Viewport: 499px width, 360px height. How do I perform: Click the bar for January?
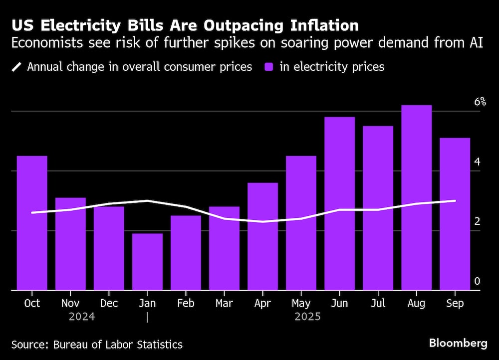pos(147,261)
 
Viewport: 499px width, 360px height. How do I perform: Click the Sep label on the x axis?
pos(455,303)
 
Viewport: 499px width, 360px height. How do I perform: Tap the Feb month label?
pos(186,303)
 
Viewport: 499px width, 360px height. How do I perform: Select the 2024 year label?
pos(82,317)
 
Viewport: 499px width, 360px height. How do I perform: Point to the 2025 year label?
pos(307,317)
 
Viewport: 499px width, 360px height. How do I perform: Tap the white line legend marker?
pos(16,67)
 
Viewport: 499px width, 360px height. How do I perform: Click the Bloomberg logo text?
pos(458,343)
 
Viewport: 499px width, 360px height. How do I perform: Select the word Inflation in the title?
pos(314,26)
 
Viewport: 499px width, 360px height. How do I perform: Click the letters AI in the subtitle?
pos(476,42)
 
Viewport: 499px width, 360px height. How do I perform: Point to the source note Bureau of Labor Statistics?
pos(118,345)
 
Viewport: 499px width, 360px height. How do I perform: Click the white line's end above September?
pos(455,201)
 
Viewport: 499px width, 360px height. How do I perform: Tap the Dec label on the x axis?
pos(109,303)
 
